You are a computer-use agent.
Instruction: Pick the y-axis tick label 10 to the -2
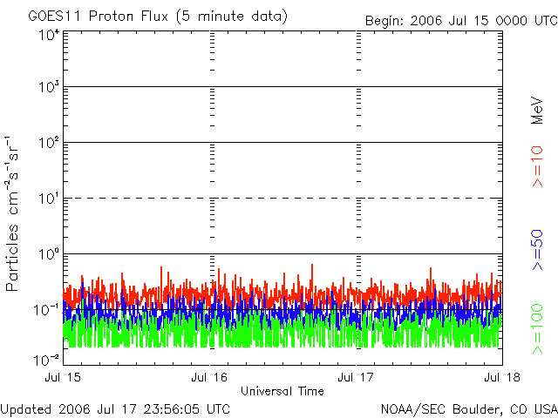click(x=47, y=359)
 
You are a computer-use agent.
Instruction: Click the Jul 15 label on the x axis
click(x=63, y=377)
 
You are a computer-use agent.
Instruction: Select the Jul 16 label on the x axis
click(x=209, y=377)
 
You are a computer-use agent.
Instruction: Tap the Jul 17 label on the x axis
click(x=357, y=377)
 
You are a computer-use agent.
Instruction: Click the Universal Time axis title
click(x=282, y=389)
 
